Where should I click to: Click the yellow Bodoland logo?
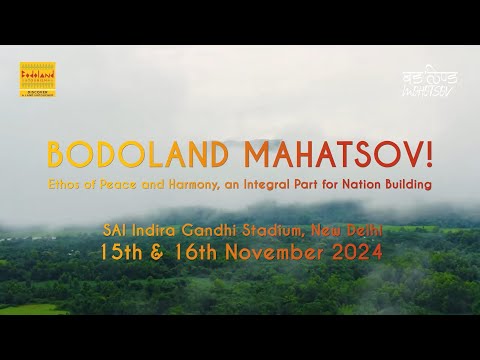coord(38,80)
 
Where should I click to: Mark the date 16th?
coord(194,254)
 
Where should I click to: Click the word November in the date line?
coord(275,254)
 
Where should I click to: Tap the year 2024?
coord(356,254)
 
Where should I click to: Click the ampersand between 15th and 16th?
coord(158,254)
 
